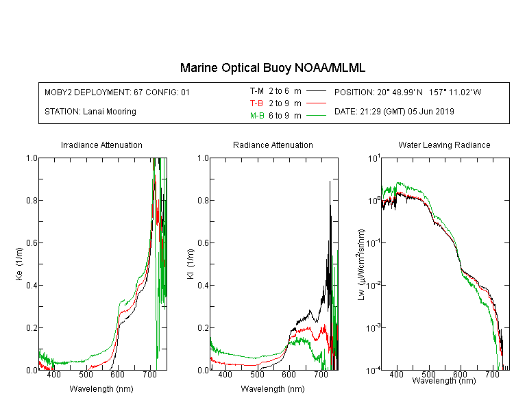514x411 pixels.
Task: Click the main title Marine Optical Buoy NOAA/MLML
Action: pyautogui.click(x=272, y=68)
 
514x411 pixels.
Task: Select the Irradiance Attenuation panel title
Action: pyautogui.click(x=101, y=145)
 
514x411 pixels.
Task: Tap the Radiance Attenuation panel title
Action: pyautogui.click(x=273, y=145)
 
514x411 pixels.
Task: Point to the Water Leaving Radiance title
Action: pyautogui.click(x=444, y=145)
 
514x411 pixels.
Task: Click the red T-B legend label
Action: pyautogui.click(x=256, y=103)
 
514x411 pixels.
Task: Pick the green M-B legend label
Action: pyautogui.click(x=257, y=116)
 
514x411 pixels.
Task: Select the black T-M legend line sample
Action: pyautogui.click(x=316, y=91)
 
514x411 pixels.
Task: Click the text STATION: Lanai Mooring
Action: pyautogui.click(x=90, y=112)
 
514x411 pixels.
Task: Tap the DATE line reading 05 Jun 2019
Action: pyautogui.click(x=394, y=112)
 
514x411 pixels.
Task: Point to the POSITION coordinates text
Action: pyautogui.click(x=408, y=92)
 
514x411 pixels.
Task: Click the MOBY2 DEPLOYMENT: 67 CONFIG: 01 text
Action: pyautogui.click(x=117, y=92)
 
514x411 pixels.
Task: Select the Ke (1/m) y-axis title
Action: pyautogui.click(x=19, y=264)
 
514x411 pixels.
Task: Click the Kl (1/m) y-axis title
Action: pyautogui.click(x=191, y=264)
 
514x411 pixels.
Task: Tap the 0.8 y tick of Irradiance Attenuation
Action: pyautogui.click(x=32, y=200)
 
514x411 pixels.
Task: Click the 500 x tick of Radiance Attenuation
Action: pyautogui.click(x=257, y=374)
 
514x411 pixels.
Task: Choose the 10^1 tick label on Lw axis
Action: pyautogui.click(x=374, y=159)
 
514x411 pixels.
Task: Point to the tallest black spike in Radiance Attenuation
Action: pyautogui.click(x=330, y=182)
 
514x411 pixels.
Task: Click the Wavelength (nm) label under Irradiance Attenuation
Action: pyautogui.click(x=101, y=389)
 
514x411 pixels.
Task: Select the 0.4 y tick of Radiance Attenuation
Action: pyautogui.click(x=204, y=286)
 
